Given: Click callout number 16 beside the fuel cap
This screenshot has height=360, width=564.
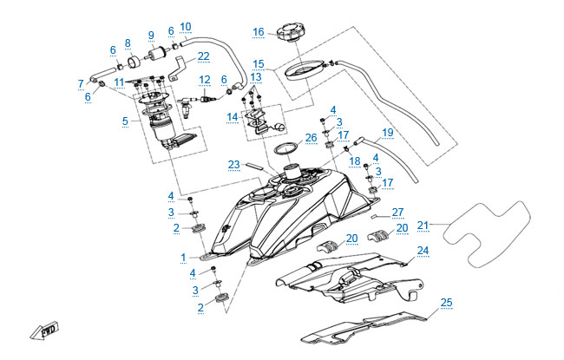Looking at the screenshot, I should click(259, 32).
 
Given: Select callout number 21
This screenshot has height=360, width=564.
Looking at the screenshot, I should click(423, 226).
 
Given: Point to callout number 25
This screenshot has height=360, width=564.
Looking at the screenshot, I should click(447, 303).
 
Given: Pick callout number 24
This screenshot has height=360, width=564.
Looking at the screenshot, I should click(423, 251).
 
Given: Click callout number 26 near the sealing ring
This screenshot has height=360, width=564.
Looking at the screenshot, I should click(312, 138).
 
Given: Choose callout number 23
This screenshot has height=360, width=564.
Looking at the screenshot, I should click(233, 163).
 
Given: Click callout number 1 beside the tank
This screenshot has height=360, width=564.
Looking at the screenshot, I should click(184, 258).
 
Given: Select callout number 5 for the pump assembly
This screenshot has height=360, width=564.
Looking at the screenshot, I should click(126, 121).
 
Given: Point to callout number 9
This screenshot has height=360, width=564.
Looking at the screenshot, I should click(150, 36).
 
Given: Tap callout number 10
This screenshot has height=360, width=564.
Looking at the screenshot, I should click(186, 27).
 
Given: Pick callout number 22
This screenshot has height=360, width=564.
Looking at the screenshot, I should click(203, 56).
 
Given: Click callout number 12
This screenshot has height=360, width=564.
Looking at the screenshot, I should click(205, 80).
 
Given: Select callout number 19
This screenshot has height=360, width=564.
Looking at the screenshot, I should click(387, 132).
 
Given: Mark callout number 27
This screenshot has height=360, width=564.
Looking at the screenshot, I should click(397, 212).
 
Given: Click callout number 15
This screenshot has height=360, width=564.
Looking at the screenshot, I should click(259, 63).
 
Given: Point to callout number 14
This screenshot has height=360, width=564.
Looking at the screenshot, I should click(233, 115).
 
